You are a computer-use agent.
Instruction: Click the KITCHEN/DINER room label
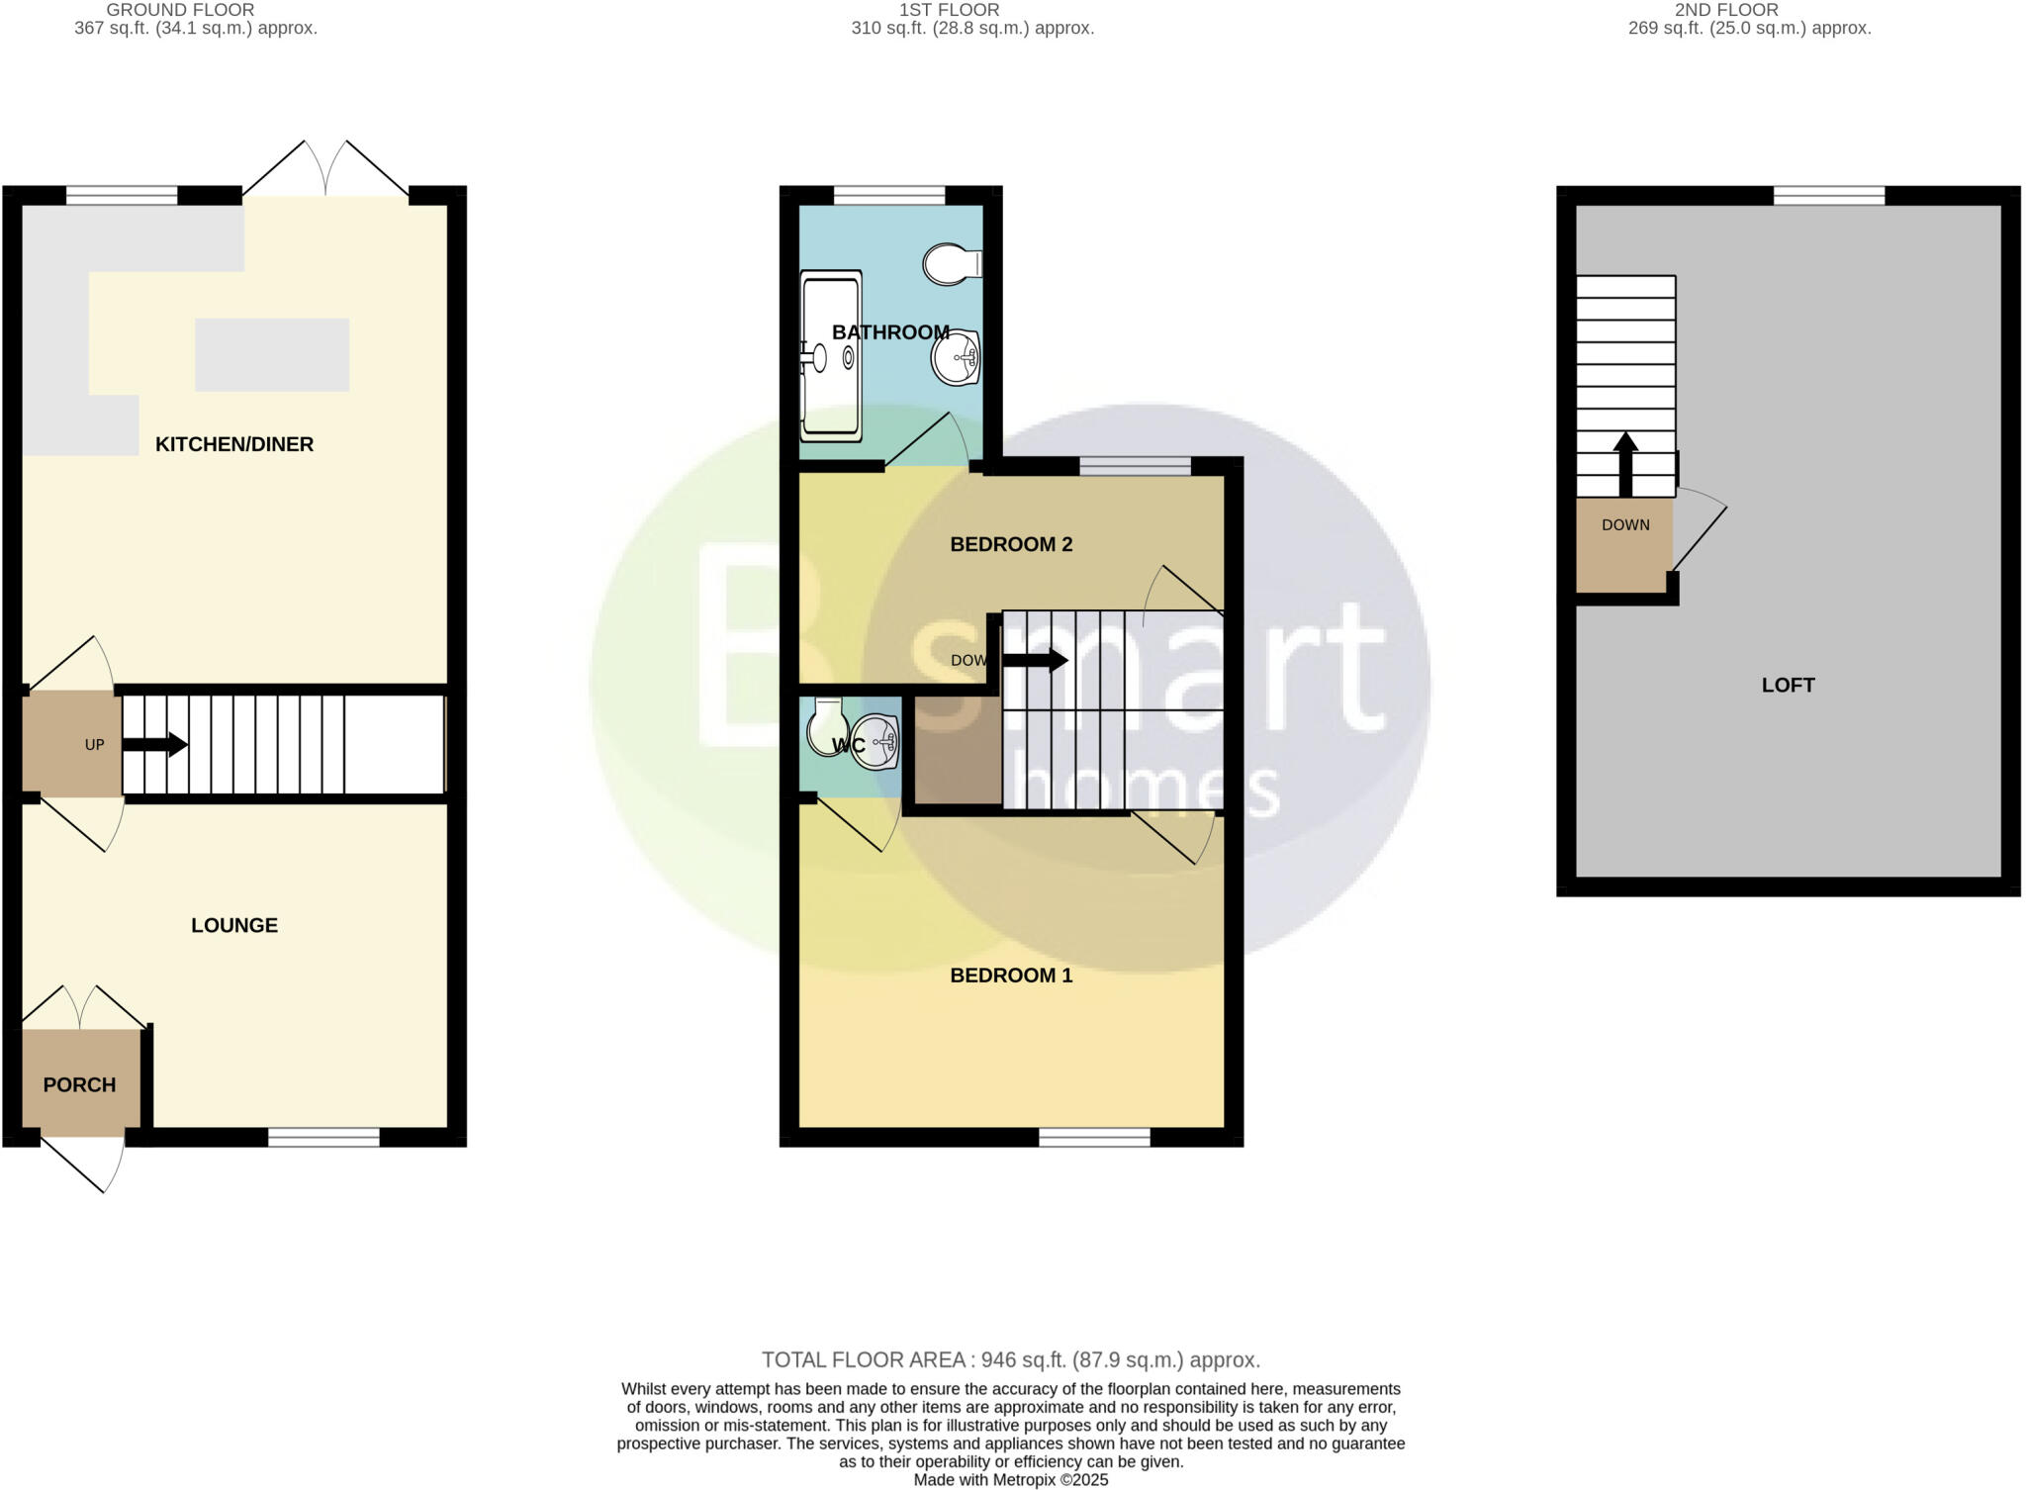pos(234,444)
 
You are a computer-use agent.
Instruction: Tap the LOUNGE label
pos(234,925)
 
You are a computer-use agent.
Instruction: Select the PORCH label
pos(79,1084)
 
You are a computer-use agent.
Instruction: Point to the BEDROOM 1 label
pos(1011,976)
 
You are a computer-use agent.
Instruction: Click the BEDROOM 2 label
pos(1011,544)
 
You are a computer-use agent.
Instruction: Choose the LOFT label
pos(1788,685)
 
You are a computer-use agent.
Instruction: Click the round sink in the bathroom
pos(956,356)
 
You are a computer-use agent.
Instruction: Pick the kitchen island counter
pos(272,354)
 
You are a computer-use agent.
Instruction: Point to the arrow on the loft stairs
pos(1625,464)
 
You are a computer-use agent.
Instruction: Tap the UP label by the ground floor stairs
pos(94,745)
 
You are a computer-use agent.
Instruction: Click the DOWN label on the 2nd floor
pos(1625,525)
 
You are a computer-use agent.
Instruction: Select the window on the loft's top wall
pos(1828,196)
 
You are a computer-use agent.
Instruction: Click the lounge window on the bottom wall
pos(323,1138)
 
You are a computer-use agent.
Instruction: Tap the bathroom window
pos(889,196)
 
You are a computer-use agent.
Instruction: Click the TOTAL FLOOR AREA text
pos(1010,1360)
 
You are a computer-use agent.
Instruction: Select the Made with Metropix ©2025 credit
pos(1010,1480)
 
